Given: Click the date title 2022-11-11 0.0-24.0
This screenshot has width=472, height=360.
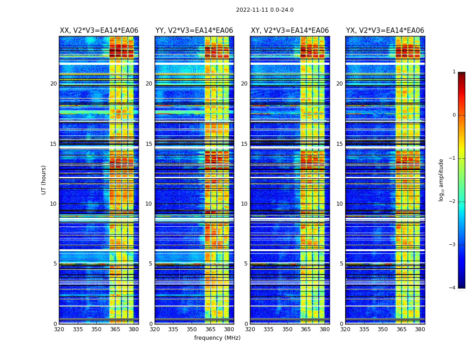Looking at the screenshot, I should click(x=264, y=10).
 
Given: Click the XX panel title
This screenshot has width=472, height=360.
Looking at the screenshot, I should click(x=99, y=31).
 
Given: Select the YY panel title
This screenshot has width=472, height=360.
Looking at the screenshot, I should click(x=194, y=31).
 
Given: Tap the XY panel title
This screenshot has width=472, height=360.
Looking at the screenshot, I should click(x=289, y=31).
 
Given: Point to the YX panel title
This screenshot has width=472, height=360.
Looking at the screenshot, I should click(x=385, y=31).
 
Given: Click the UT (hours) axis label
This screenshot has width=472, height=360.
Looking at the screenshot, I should click(x=44, y=180).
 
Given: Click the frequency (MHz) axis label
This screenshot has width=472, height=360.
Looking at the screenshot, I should click(x=217, y=338).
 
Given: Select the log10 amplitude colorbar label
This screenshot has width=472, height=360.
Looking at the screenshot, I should click(x=441, y=180).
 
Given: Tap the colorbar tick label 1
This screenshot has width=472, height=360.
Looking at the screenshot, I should click(x=454, y=72).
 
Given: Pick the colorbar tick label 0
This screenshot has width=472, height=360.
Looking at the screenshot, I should click(x=454, y=115).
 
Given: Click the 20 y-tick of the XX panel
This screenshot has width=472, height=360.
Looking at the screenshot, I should click(x=53, y=84).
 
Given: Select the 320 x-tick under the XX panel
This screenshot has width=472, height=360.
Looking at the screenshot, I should click(x=59, y=329).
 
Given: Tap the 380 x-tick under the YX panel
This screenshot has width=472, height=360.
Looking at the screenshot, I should click(x=420, y=329).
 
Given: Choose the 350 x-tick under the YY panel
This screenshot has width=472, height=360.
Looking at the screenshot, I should click(x=192, y=329).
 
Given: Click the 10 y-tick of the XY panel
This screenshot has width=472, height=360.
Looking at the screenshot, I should click(x=244, y=204).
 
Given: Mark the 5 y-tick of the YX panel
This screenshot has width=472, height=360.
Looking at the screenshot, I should click(x=341, y=264).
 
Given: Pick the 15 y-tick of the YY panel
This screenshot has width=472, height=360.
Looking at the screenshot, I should click(x=149, y=144).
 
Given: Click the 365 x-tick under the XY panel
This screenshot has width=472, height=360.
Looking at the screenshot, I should click(x=306, y=329).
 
